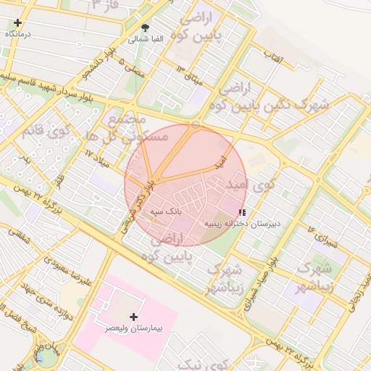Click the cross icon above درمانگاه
[17, 23]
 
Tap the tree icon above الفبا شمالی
[146, 28]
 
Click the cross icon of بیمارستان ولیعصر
[133, 317]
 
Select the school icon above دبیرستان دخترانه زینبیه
[242, 212]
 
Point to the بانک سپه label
[164, 212]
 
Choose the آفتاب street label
[272, 56]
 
